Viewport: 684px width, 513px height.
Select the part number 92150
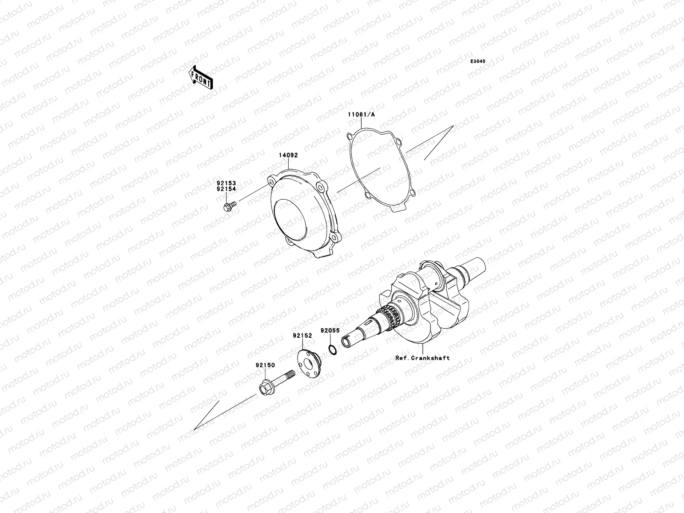pos(265,366)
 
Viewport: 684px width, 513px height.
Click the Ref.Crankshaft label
pos(422,358)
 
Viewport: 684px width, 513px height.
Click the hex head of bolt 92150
pos(265,388)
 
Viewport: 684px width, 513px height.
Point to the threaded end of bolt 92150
pos(291,375)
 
